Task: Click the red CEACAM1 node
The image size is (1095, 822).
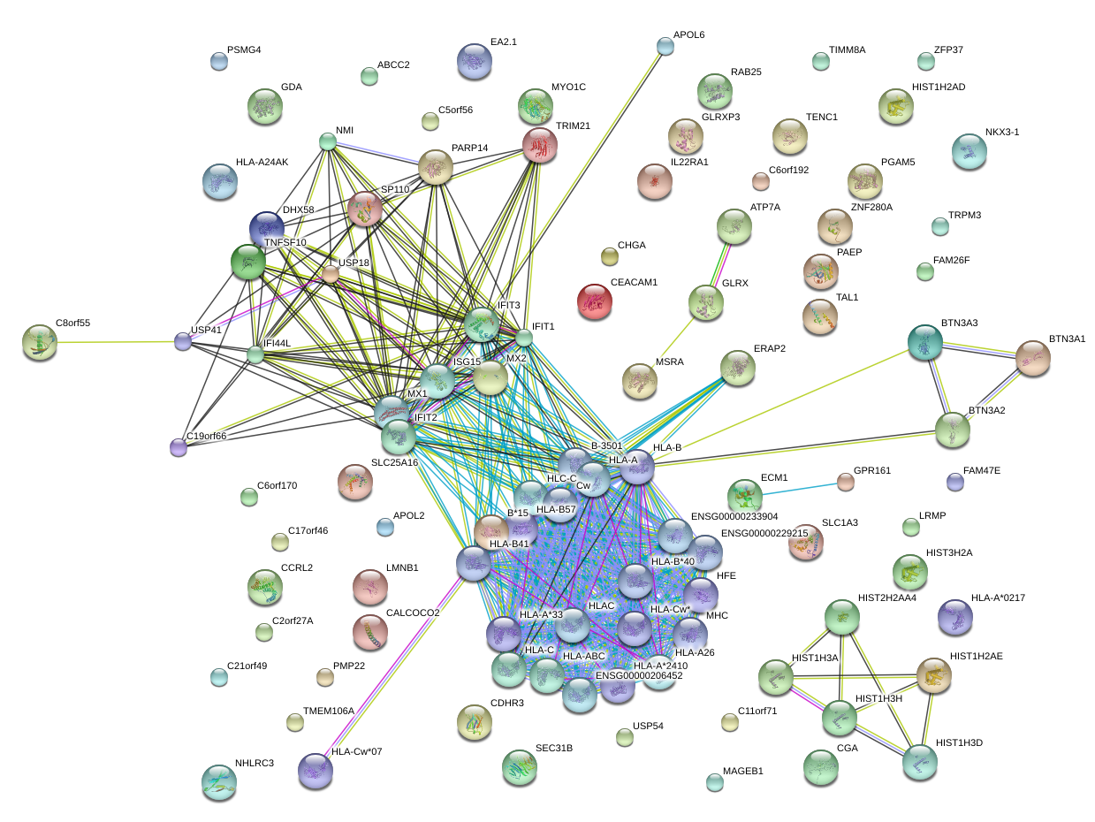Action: pos(594,301)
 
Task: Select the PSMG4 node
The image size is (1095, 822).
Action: pos(218,61)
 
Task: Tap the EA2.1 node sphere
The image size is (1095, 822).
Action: pos(475,60)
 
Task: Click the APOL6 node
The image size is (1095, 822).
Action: pos(665,46)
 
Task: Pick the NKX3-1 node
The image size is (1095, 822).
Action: pos(969,152)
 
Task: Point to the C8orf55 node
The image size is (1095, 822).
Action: pos(40,341)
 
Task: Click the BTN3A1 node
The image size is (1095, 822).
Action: pos(1032,358)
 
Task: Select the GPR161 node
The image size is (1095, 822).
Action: pos(846,482)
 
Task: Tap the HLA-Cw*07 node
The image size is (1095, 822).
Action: pos(316,770)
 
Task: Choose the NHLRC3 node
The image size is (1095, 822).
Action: pos(218,781)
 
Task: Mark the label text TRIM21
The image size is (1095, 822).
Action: pos(573,126)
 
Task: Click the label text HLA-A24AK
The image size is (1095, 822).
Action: pos(262,162)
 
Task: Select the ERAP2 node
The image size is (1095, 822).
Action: pos(738,367)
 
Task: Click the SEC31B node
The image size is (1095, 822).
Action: pos(519,767)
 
